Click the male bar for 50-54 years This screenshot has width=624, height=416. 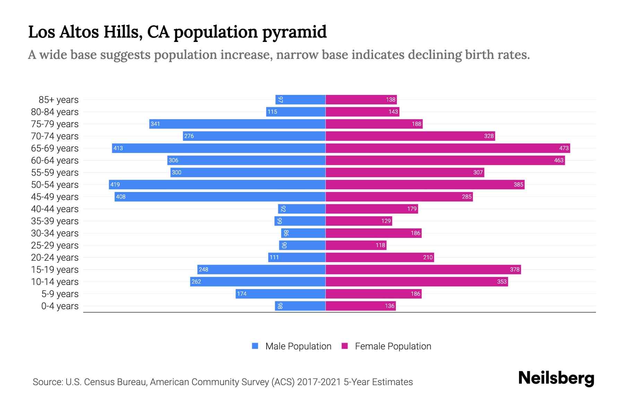point(217,184)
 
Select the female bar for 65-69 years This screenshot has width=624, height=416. point(448,148)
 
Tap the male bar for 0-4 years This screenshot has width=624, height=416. point(300,306)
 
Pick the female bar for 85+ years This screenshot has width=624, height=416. point(361,99)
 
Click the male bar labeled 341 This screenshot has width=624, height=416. point(237,124)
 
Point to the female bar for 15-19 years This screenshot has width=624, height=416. point(423,269)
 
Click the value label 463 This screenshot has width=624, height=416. point(558,160)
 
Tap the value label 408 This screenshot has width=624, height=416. point(121,197)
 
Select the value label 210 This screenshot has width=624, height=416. point(428,257)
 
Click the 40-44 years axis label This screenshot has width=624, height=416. point(55,209)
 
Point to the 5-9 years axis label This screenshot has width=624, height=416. point(60,294)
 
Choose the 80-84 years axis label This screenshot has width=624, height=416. point(55,112)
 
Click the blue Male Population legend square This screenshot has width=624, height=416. point(255,346)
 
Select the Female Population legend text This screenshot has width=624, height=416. point(393,346)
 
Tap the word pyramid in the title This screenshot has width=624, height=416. point(294,32)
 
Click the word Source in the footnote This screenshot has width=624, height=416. point(47,382)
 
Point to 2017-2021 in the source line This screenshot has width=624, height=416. point(319,382)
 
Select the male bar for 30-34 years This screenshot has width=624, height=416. point(303,233)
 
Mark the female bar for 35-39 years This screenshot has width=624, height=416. point(359,221)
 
